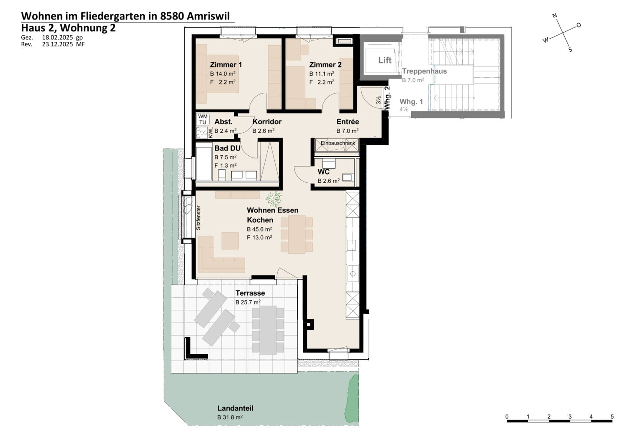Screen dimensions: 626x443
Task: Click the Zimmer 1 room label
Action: pos(226,64)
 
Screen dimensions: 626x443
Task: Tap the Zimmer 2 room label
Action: pos(325,64)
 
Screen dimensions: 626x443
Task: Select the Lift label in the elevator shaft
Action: pos(385,60)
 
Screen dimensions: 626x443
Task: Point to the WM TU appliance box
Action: pos(203,119)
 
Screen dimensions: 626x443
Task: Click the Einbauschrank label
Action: pos(338,143)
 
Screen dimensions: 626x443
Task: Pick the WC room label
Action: pos(323,172)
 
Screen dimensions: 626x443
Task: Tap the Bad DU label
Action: pos(227,148)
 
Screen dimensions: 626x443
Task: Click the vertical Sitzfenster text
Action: pos(198,218)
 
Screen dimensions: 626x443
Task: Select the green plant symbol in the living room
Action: pos(274,199)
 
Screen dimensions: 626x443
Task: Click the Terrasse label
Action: pos(250,293)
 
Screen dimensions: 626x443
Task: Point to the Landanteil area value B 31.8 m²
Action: pos(230,417)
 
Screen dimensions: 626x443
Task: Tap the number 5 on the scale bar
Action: pos(612,416)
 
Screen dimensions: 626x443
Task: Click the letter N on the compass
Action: pos(555,15)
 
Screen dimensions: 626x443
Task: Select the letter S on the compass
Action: pos(570,50)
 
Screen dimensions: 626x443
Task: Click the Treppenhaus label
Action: pos(424,71)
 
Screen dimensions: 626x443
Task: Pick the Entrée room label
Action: pos(348,122)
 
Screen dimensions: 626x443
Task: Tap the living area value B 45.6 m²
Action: pos(260,229)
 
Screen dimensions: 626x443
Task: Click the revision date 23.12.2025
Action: pos(57,44)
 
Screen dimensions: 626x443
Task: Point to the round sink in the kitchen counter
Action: pos(353,274)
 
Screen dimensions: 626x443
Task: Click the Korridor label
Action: pos(267,122)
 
